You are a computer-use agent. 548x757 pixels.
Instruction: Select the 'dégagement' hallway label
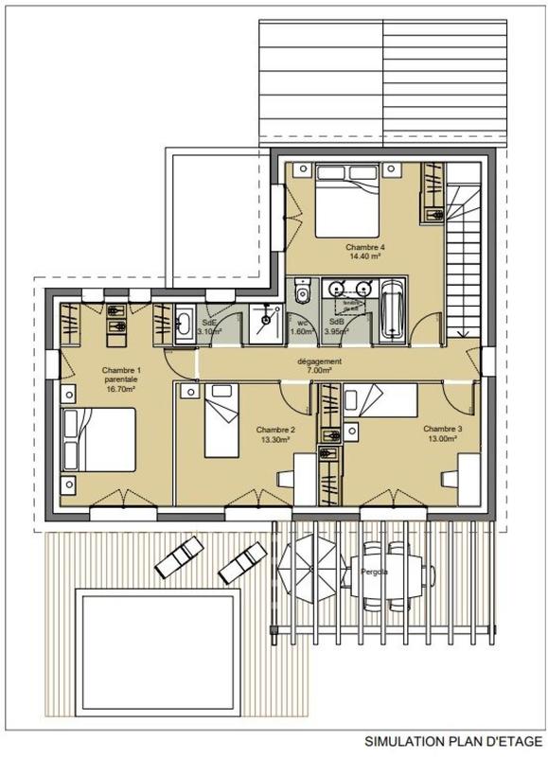click(320, 361)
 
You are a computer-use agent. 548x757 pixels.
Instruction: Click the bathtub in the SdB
click(392, 312)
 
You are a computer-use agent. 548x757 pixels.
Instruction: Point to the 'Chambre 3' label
click(442, 429)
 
